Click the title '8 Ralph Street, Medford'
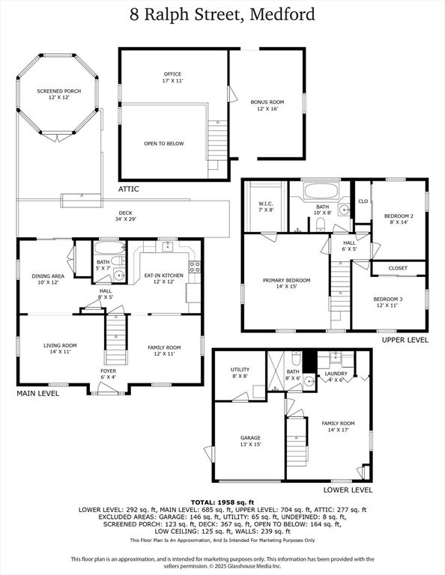[x=222, y=14]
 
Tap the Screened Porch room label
[x=59, y=94]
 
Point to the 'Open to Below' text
[x=163, y=144]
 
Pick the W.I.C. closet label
[x=266, y=206]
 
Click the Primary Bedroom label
[x=286, y=283]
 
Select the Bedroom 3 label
[x=388, y=302]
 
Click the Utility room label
[x=240, y=372]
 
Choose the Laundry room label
[x=333, y=376]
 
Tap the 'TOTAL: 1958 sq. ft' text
[x=222, y=502]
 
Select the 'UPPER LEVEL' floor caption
[x=405, y=340]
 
